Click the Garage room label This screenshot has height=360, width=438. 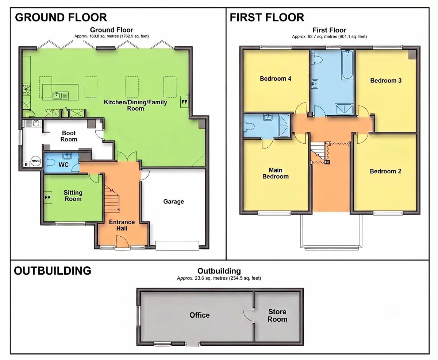coord(173,201)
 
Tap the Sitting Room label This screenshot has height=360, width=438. coord(73,196)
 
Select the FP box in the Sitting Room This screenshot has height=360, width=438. coord(48,198)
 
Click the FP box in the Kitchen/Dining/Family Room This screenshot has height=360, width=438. coord(184,102)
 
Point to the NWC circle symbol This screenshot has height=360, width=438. coord(36,161)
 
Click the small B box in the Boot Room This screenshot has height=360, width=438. coord(26,165)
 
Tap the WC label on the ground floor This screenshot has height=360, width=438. coord(64,164)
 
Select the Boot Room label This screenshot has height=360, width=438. coord(69,136)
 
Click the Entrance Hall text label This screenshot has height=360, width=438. coord(122,225)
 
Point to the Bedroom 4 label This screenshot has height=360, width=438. coord(275,78)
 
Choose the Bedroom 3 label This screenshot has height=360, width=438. coord(386,81)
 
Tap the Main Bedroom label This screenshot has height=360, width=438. coord(275,173)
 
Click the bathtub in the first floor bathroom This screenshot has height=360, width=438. coord(347,65)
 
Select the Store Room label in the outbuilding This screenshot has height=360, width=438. coord(277,316)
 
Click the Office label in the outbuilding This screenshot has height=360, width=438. coord(199,315)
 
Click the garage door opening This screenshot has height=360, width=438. coord(177,246)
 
